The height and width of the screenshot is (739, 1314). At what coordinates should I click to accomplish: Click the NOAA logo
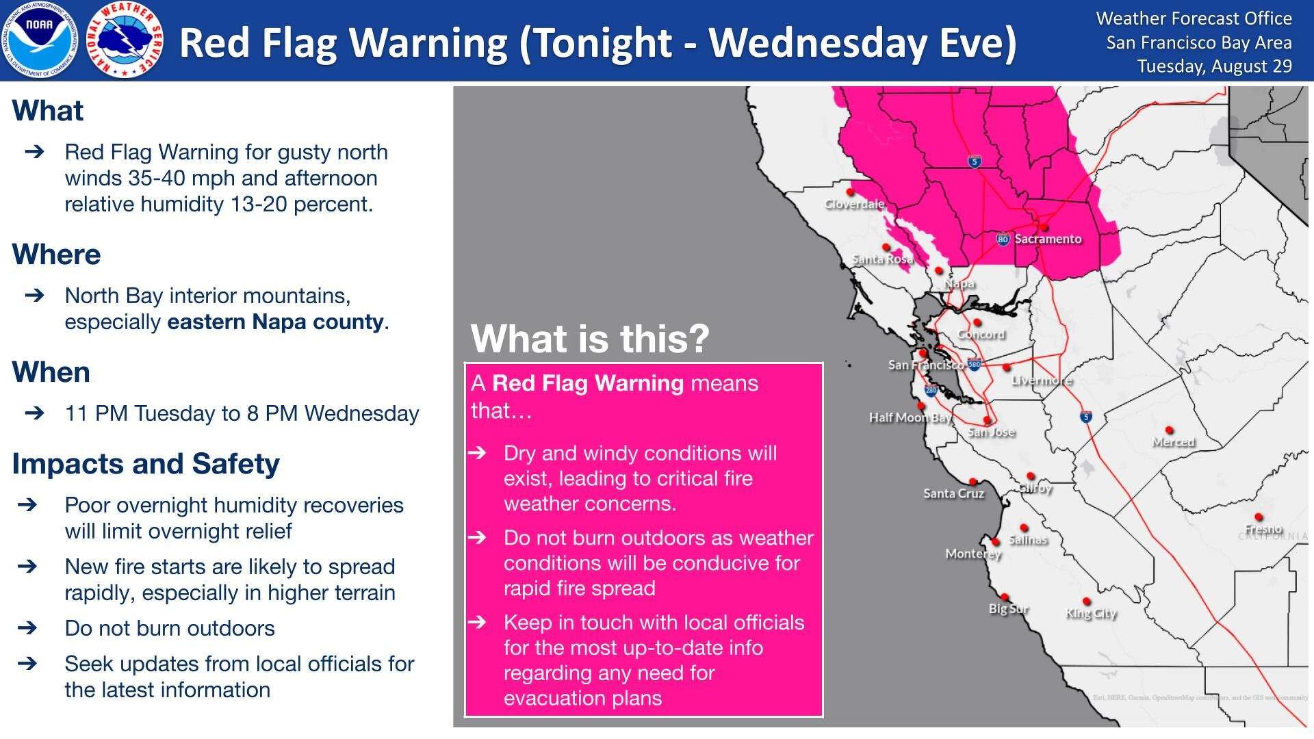click(40, 40)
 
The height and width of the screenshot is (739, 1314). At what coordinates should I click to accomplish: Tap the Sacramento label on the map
click(1048, 239)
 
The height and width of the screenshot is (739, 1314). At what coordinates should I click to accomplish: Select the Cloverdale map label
click(854, 204)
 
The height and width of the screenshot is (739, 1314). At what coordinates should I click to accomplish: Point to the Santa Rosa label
click(882, 259)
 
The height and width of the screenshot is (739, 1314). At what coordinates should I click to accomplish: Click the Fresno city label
click(1263, 529)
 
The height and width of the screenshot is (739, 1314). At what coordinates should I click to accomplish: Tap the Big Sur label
click(1008, 608)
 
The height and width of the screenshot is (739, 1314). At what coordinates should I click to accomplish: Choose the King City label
click(1091, 613)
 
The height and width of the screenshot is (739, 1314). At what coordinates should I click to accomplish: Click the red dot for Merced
click(1169, 430)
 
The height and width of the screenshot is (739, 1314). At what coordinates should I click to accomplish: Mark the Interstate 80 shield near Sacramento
click(1003, 239)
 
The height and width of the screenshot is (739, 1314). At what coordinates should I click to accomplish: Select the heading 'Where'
click(56, 255)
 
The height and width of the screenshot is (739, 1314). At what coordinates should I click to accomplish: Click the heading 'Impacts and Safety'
click(146, 464)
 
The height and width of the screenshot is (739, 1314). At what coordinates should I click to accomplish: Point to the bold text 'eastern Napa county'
click(275, 322)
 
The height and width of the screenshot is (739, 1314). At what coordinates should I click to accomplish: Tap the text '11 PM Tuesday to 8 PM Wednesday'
click(242, 413)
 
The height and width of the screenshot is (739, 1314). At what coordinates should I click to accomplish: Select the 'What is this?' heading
click(590, 338)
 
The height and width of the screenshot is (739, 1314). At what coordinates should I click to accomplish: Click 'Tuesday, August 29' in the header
click(1214, 66)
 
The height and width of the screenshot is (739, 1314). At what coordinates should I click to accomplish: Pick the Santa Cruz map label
click(953, 493)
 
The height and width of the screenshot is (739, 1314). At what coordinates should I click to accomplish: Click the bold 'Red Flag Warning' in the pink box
click(587, 383)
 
